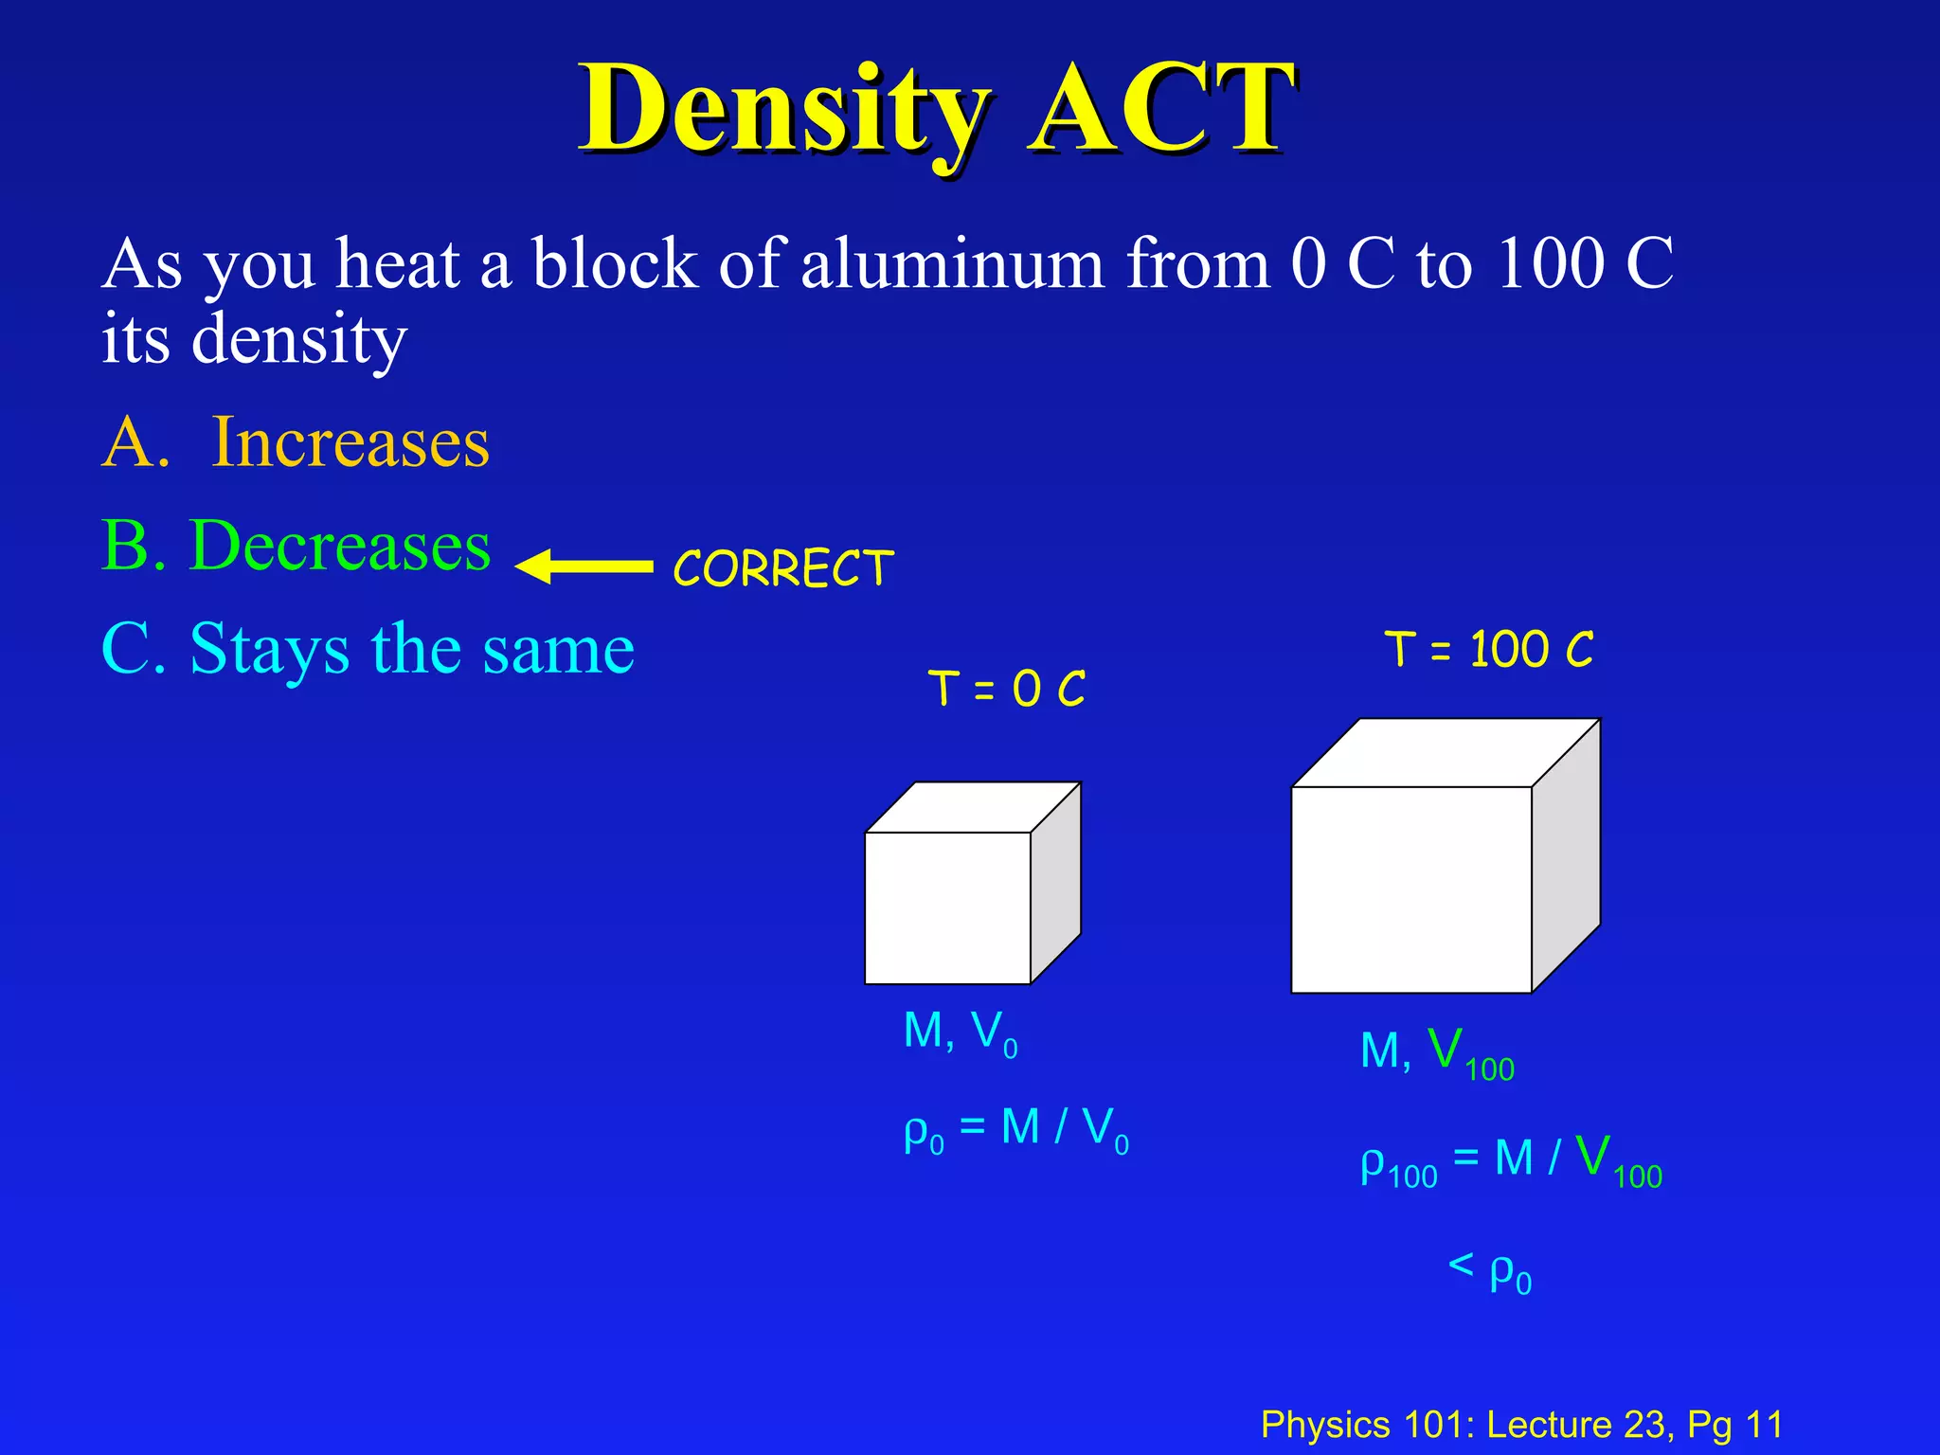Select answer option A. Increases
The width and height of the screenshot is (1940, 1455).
(296, 442)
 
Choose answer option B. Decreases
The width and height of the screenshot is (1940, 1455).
(296, 547)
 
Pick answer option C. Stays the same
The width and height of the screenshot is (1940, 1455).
(368, 650)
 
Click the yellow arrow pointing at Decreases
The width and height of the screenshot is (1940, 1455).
(584, 566)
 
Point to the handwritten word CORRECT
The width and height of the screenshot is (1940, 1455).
(782, 568)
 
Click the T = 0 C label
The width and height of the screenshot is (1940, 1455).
(1006, 688)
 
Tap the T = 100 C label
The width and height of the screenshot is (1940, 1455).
(1488, 650)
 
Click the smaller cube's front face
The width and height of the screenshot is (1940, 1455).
(947, 907)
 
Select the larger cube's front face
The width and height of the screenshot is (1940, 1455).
(1410, 889)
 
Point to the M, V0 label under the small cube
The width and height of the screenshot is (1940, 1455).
(961, 1032)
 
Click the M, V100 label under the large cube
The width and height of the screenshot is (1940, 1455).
(1437, 1052)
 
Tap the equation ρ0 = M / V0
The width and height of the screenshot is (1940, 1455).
(1016, 1129)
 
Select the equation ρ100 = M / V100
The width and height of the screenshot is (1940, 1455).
(1511, 1160)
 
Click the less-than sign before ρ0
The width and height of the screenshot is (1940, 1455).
(1461, 1265)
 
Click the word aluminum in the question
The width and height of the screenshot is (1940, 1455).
(952, 263)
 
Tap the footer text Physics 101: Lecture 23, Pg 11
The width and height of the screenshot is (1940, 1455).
(1521, 1424)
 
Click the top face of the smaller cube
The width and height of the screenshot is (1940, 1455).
(974, 807)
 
